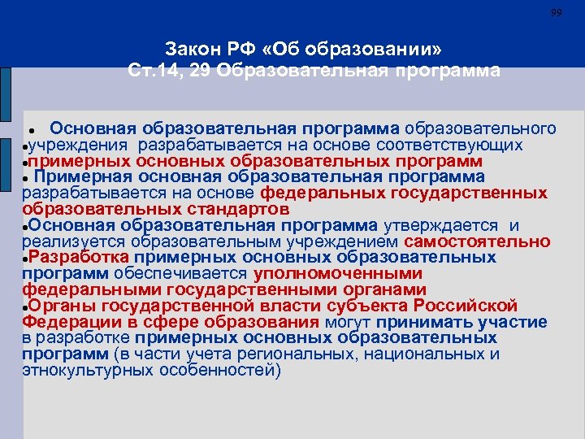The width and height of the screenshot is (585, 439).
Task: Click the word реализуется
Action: pyautogui.click(x=63, y=241)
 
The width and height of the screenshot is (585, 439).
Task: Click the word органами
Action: pyautogui.click(x=386, y=289)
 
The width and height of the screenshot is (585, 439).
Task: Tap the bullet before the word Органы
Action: pyautogui.click(x=27, y=307)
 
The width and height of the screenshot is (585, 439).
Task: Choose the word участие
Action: pyautogui.click(x=513, y=322)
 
